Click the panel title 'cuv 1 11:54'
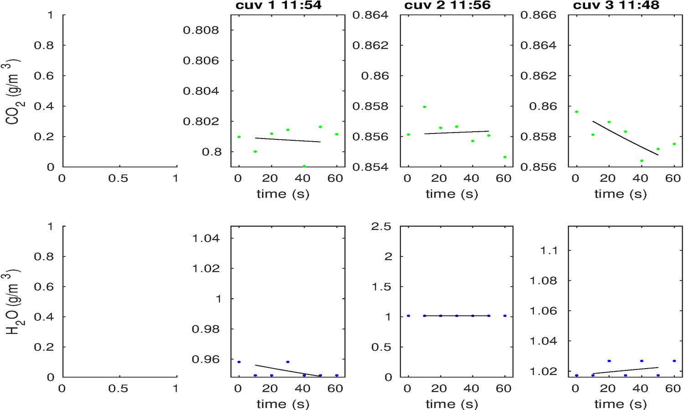click(x=278, y=5)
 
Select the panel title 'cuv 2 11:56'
click(x=447, y=5)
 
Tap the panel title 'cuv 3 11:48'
click(x=616, y=5)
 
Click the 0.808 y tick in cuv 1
click(x=201, y=30)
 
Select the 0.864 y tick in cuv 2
click(x=370, y=15)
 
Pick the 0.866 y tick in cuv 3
click(x=539, y=15)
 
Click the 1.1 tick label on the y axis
click(x=549, y=250)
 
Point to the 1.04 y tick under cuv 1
click(x=206, y=238)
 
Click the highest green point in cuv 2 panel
click(x=425, y=107)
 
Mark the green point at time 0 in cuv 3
click(x=577, y=112)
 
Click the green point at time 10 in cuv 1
click(x=255, y=152)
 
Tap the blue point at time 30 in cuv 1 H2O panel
click(x=288, y=362)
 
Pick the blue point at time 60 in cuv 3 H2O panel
click(x=674, y=361)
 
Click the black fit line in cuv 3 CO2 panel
click(x=625, y=138)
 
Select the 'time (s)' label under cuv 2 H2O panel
click(x=452, y=404)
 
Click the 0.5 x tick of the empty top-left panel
click(x=118, y=179)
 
